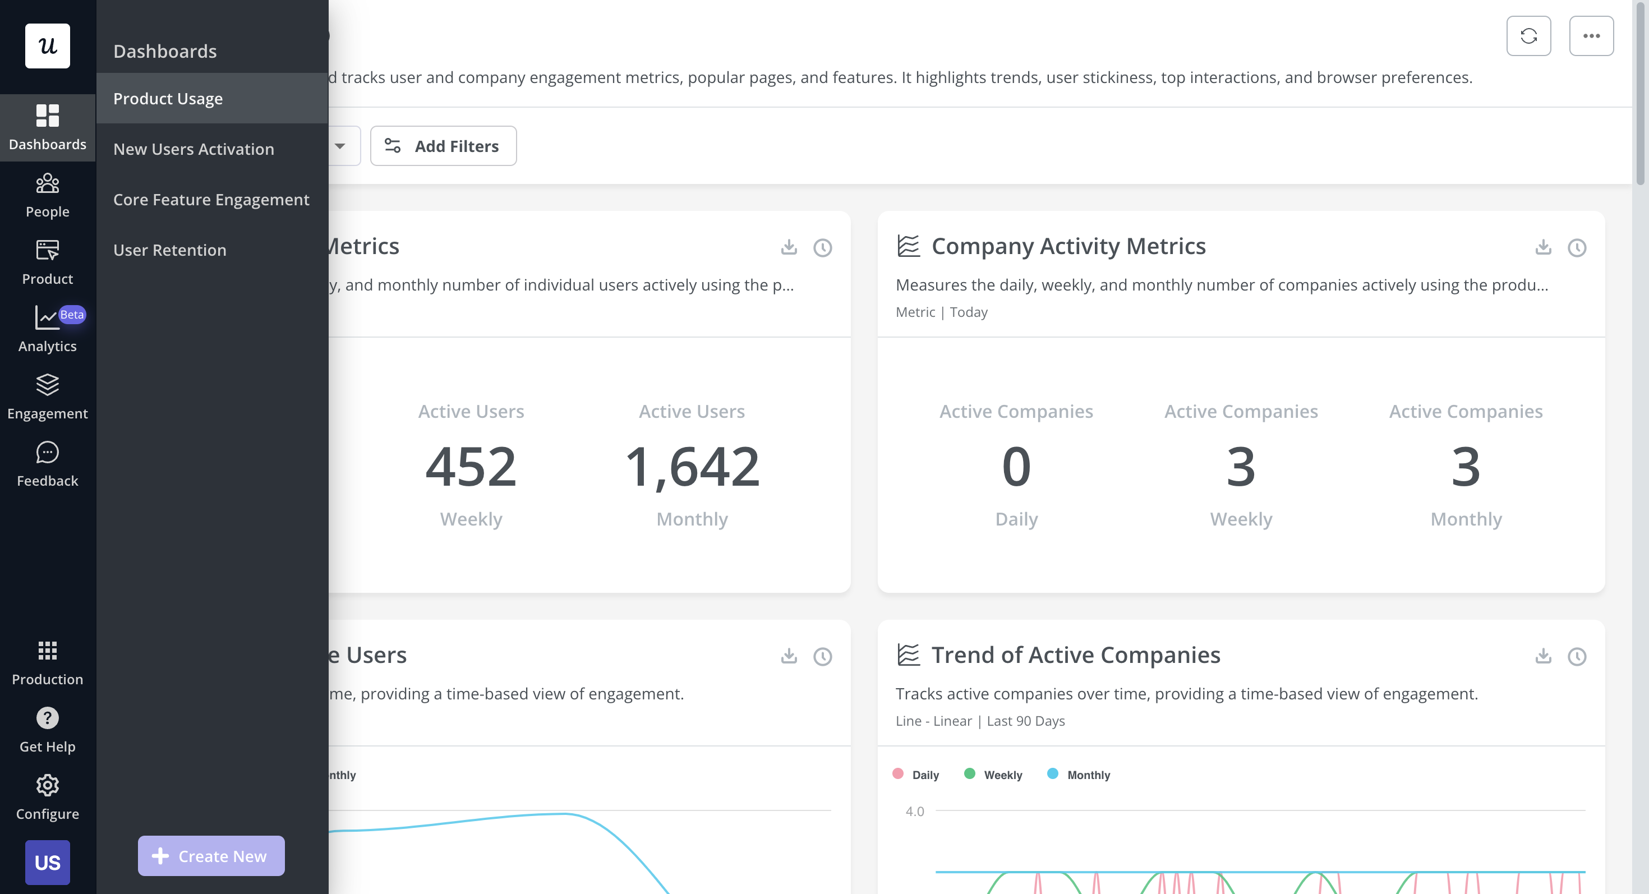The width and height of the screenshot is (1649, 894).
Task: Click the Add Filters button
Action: point(443,146)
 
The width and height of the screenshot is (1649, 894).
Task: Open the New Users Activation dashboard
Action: point(194,149)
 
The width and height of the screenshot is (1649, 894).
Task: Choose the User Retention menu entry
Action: point(169,250)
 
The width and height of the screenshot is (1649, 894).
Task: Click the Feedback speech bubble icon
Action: point(47,453)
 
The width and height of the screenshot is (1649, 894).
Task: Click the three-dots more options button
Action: point(1591,36)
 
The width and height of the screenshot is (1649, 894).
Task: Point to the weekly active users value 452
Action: point(471,467)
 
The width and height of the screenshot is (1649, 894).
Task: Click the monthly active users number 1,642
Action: point(692,467)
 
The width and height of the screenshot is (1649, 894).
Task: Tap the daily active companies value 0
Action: point(1016,467)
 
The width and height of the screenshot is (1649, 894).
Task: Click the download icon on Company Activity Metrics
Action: point(1543,247)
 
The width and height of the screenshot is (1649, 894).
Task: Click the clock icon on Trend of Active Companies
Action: point(1577,657)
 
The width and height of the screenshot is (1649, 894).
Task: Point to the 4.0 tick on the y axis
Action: point(914,812)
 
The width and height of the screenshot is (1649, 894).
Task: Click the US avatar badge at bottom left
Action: point(47,862)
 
